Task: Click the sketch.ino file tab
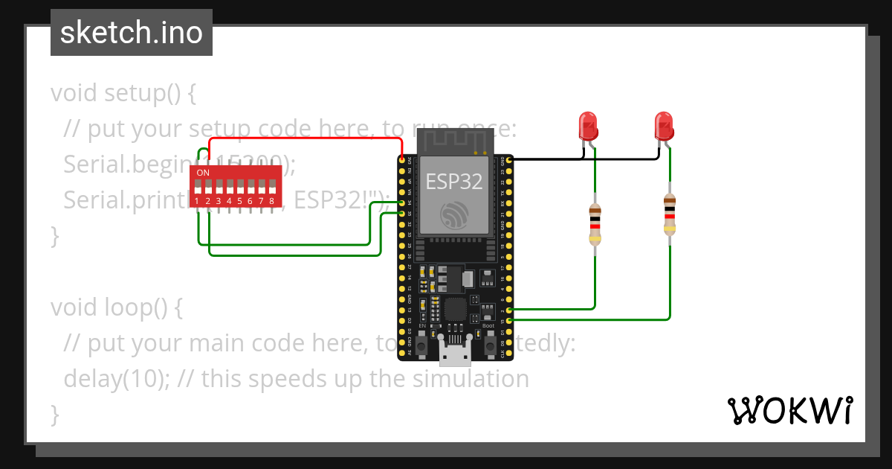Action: coord(131,33)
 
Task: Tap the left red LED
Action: coord(588,124)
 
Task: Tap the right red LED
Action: coord(664,124)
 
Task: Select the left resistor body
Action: coord(595,223)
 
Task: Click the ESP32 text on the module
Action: coord(453,182)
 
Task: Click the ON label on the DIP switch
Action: coord(202,173)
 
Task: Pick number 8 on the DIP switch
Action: coord(271,201)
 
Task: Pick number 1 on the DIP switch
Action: coord(197,201)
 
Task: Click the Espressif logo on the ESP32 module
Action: coord(453,216)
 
